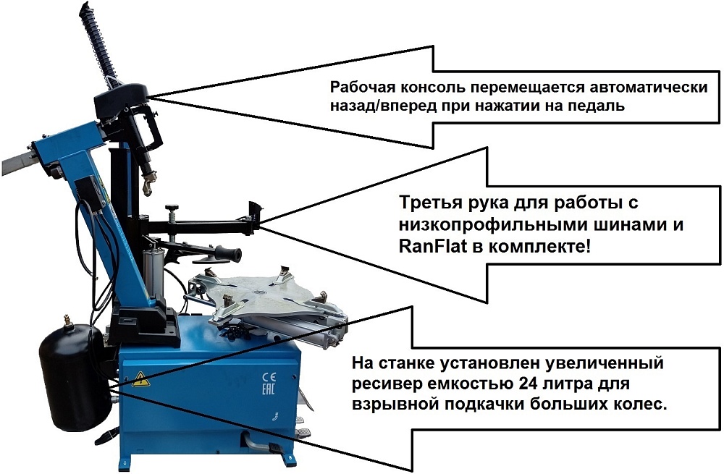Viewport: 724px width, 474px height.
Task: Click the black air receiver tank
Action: (x=75, y=378)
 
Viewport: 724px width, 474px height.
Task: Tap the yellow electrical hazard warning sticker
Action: (x=139, y=379)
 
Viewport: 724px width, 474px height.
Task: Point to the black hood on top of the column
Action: (x=121, y=98)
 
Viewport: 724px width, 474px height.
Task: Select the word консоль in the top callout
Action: (x=433, y=87)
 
